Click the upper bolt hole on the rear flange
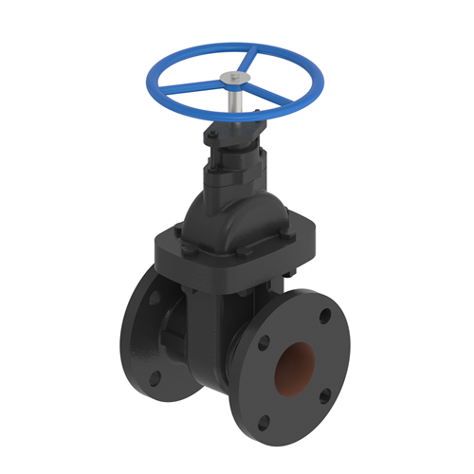(155, 297)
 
